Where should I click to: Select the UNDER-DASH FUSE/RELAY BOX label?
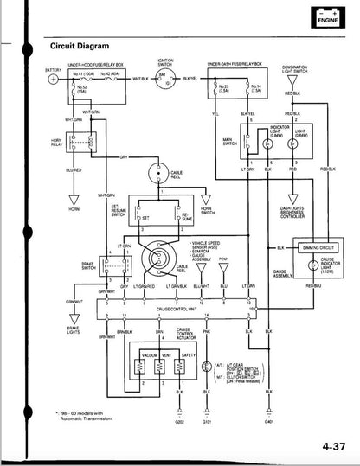pos(235,65)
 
